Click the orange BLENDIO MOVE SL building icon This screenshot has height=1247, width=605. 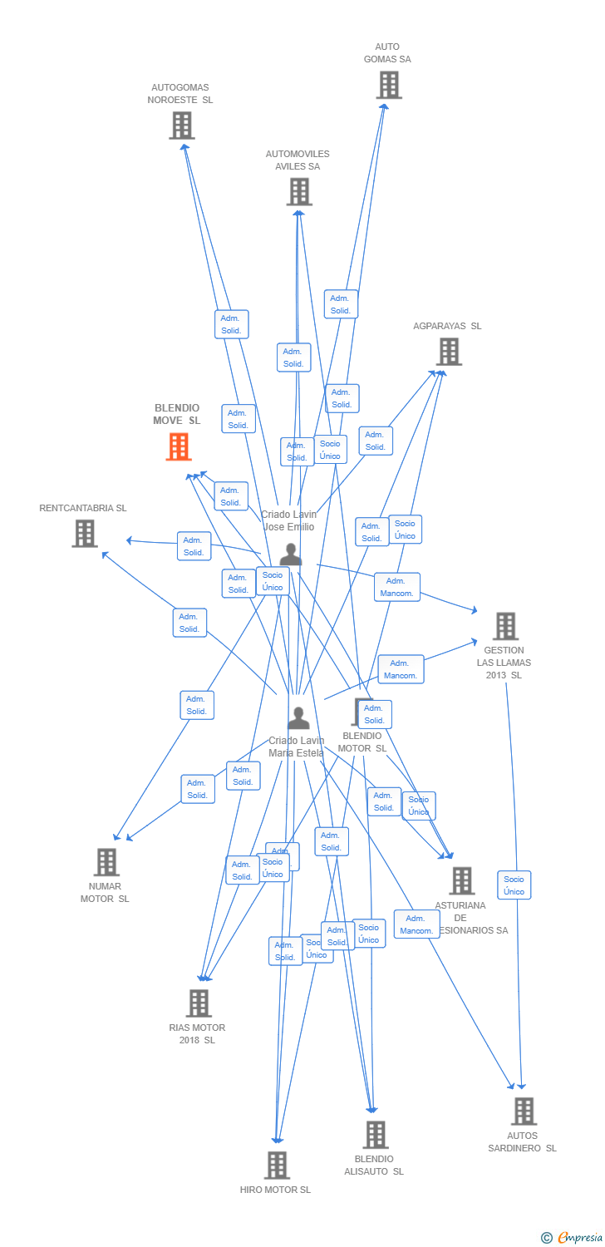point(179,447)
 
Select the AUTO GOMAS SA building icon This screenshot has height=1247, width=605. point(388,85)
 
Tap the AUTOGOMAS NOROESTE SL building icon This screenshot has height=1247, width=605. point(181,126)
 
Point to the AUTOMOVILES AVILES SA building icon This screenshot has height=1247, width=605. point(298,192)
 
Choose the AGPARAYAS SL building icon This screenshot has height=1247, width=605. point(449,352)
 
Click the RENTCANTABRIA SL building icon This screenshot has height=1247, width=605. point(84,534)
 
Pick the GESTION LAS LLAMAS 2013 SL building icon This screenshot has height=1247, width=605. point(505,626)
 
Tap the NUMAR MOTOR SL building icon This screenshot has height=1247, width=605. point(106,862)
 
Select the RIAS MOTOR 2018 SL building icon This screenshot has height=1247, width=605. point(198,1003)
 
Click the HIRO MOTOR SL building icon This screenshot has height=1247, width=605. point(276,1166)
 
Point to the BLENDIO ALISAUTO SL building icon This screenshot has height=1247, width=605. point(375,1135)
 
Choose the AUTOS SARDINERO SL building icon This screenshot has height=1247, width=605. point(524,1111)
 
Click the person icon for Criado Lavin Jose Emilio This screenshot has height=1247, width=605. point(290,554)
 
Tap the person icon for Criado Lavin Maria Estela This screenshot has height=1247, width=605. point(298,718)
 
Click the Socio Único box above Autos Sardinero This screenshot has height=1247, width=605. point(514,885)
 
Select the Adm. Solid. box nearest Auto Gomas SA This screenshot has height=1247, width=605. point(341,304)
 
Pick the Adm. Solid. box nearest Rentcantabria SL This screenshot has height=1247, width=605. point(194,546)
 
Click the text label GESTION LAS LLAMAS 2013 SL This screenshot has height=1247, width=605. point(504,663)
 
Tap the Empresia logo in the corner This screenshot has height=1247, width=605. point(573,1238)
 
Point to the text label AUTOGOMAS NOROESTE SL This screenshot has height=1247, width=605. point(180,93)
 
